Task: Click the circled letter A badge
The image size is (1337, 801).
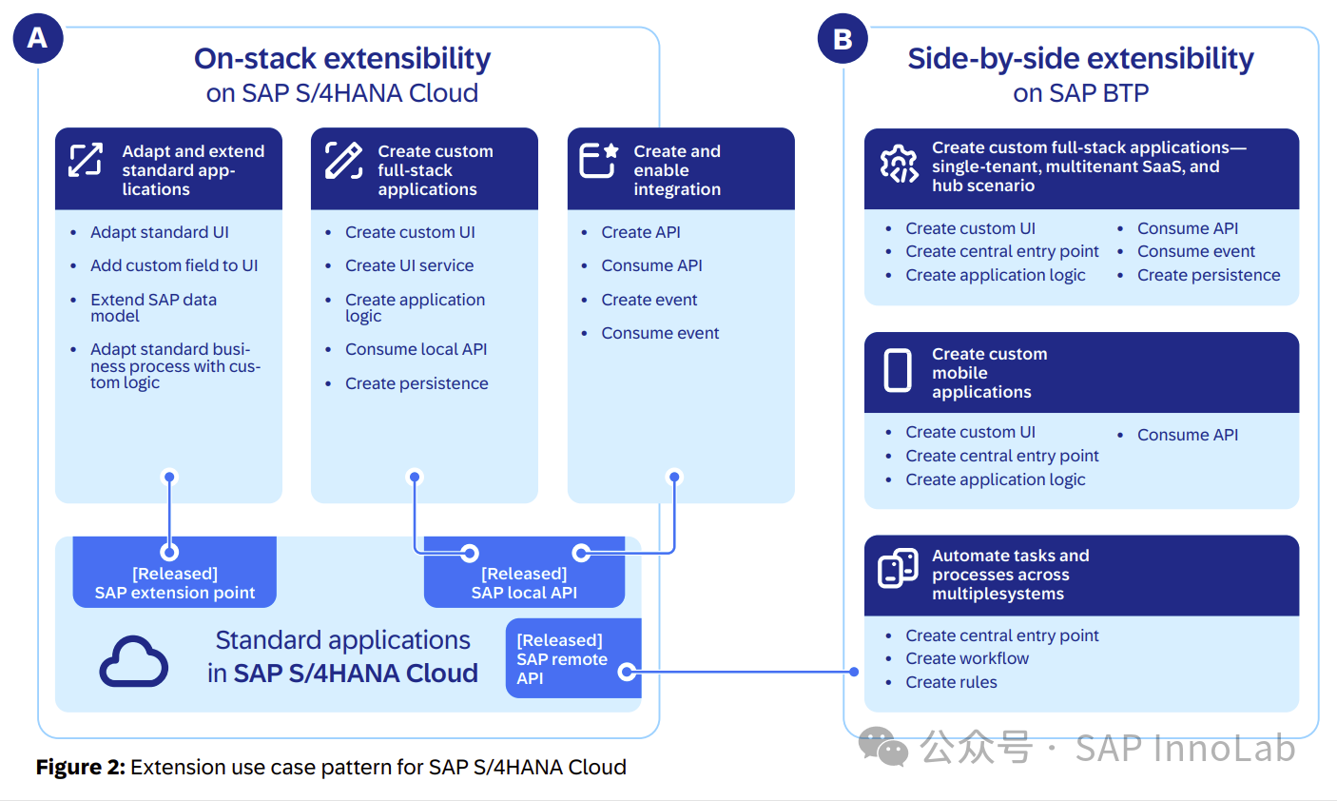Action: tap(38, 39)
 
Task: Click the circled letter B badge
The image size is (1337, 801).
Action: tap(843, 39)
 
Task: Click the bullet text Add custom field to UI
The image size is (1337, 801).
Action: tap(174, 265)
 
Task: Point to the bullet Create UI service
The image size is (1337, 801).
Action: tap(409, 265)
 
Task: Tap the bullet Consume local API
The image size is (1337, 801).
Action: tap(416, 349)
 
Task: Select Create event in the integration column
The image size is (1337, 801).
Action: tap(649, 300)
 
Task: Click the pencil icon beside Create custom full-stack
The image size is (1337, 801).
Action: tap(343, 161)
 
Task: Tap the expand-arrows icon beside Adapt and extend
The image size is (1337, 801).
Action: tap(86, 160)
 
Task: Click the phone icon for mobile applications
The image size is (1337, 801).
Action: tap(898, 371)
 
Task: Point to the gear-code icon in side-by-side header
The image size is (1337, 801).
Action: tap(898, 165)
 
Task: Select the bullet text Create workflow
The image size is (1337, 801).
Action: tap(967, 658)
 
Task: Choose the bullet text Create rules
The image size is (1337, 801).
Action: tap(951, 682)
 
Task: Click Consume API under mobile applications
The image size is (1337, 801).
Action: tap(1188, 435)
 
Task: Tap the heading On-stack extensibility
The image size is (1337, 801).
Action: tap(342, 59)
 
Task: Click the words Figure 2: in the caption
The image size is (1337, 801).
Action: tap(81, 767)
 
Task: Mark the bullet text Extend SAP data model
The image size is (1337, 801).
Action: tap(153, 307)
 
